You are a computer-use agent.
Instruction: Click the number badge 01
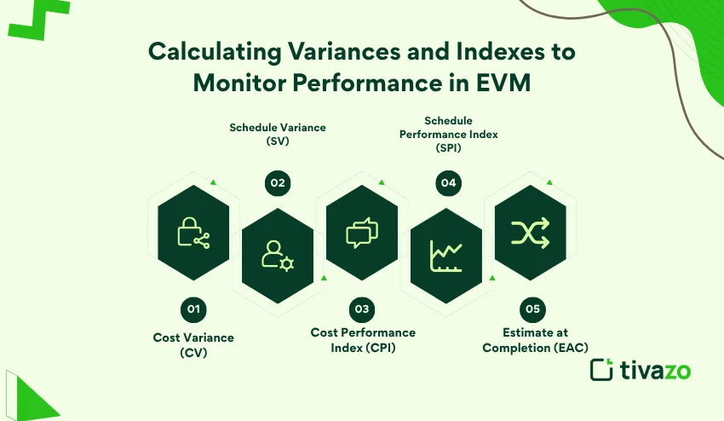click(193, 309)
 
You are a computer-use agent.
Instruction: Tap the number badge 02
click(278, 182)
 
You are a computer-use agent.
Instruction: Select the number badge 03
click(362, 309)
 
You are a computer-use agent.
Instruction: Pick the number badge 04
click(446, 182)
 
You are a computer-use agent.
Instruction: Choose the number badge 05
click(531, 309)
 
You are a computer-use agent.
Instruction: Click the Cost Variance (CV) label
click(193, 345)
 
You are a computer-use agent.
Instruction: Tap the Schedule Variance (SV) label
click(278, 135)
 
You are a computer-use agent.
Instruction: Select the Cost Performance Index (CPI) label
click(363, 339)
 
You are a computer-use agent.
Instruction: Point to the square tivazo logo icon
click(602, 369)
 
